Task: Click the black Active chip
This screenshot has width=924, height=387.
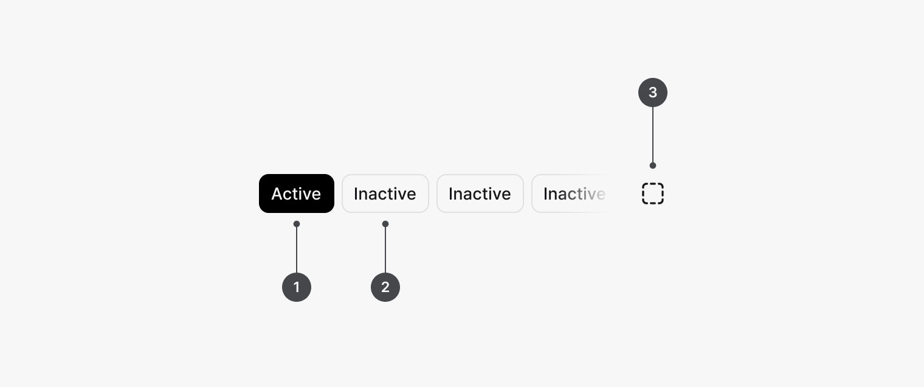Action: point(297,193)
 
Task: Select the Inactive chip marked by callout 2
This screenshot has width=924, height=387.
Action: point(385,193)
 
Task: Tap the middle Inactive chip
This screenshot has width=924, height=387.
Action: point(480,193)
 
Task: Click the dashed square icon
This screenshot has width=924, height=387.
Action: point(653,193)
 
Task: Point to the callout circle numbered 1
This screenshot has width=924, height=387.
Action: point(297,287)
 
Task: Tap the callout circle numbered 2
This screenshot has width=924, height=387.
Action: point(385,287)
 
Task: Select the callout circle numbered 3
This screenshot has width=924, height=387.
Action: point(653,92)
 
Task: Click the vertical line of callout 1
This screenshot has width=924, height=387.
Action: point(297,248)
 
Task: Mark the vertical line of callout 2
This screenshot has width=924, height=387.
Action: point(385,248)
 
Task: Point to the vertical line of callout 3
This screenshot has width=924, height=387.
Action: point(653,136)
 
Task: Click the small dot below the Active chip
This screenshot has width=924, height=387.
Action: point(297,224)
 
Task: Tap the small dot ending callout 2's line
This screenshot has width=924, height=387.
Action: point(385,224)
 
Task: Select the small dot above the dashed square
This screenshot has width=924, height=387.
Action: point(653,166)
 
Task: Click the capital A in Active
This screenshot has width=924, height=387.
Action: point(278,193)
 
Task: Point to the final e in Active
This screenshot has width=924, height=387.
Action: point(316,195)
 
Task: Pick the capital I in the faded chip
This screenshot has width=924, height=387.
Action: point(545,193)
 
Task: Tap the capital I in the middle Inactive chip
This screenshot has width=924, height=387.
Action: point(450,193)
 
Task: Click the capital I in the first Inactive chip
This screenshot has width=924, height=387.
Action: point(356,193)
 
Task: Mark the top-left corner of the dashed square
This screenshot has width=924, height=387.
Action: point(643,183)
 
